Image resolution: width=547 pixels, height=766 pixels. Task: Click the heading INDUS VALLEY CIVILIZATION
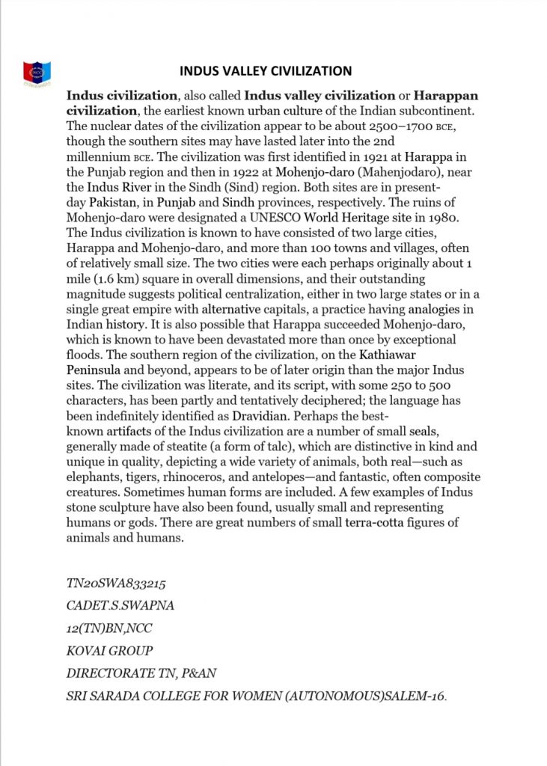pos(266,72)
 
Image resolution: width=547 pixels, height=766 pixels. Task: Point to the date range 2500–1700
pos(396,126)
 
